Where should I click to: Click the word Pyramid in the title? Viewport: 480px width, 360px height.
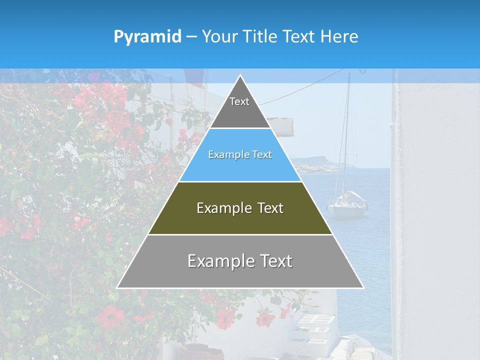pos(147,37)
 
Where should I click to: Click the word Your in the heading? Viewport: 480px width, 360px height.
pos(220,37)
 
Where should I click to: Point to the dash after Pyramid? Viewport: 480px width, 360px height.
pos(191,37)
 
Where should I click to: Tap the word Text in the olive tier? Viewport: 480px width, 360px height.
pos(267,208)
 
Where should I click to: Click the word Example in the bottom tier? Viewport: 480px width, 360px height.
pos(220,261)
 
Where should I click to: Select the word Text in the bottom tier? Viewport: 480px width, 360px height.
pos(275,261)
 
